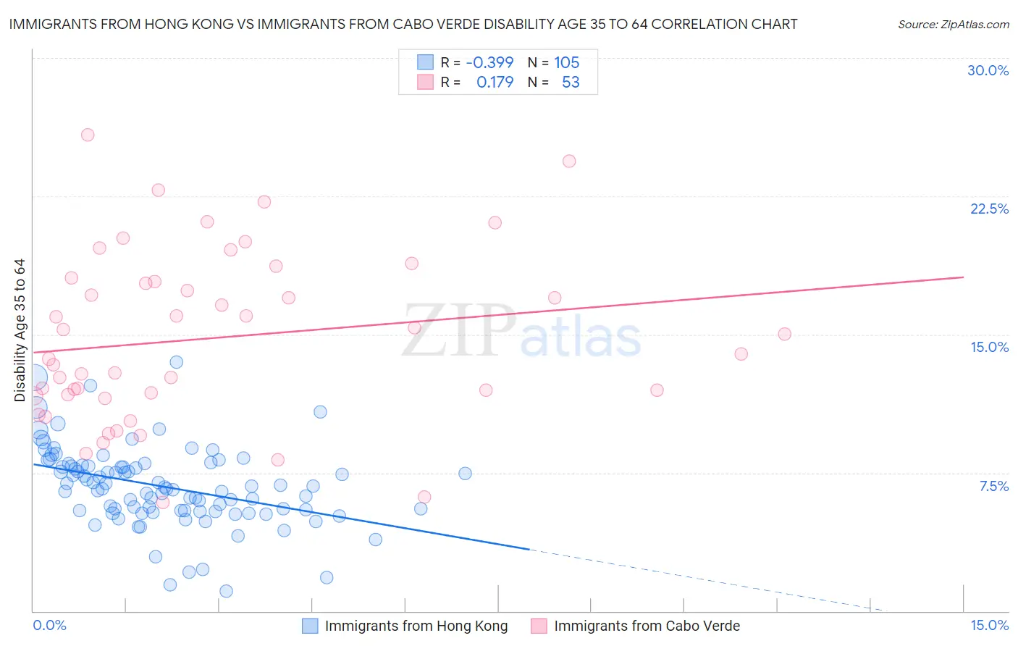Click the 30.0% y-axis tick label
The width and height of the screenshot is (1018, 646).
coord(988,70)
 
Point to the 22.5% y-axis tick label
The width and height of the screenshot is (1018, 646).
coord(989,209)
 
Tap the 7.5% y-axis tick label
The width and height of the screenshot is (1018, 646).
coord(993,486)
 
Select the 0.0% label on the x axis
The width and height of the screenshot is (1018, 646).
coord(49,625)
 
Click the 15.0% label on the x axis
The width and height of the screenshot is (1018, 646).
coord(989,625)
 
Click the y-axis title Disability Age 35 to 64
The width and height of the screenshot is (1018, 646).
coord(20,330)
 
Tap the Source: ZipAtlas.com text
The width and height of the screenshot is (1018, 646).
coord(953,25)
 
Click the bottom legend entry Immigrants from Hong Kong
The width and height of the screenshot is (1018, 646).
coord(416,626)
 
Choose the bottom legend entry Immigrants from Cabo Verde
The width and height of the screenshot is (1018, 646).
coord(647,626)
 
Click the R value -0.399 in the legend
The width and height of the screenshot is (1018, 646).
coord(489,62)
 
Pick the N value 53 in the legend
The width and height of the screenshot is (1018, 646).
coord(571,82)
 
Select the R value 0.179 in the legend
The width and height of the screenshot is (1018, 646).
coord(495,82)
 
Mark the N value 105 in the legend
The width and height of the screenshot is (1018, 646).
coord(567,62)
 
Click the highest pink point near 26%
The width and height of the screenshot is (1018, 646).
coord(88,135)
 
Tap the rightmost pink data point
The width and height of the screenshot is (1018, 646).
coord(784,334)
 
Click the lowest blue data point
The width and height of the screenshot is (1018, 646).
coord(226,591)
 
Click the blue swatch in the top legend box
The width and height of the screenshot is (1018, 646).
coord(425,62)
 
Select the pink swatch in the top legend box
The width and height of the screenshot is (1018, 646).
coord(425,82)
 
